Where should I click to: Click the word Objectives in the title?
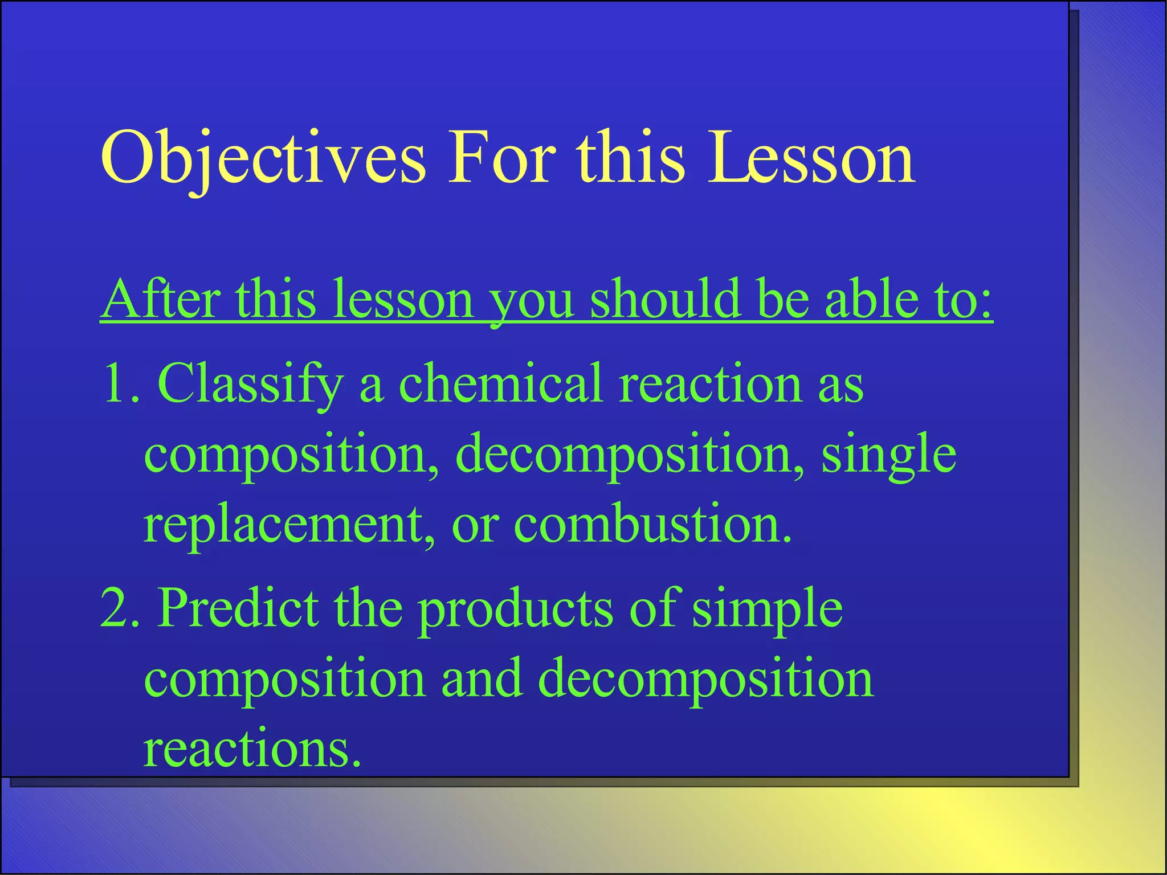click(263, 158)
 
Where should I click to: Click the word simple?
click(767, 608)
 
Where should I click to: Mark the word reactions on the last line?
click(252, 749)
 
